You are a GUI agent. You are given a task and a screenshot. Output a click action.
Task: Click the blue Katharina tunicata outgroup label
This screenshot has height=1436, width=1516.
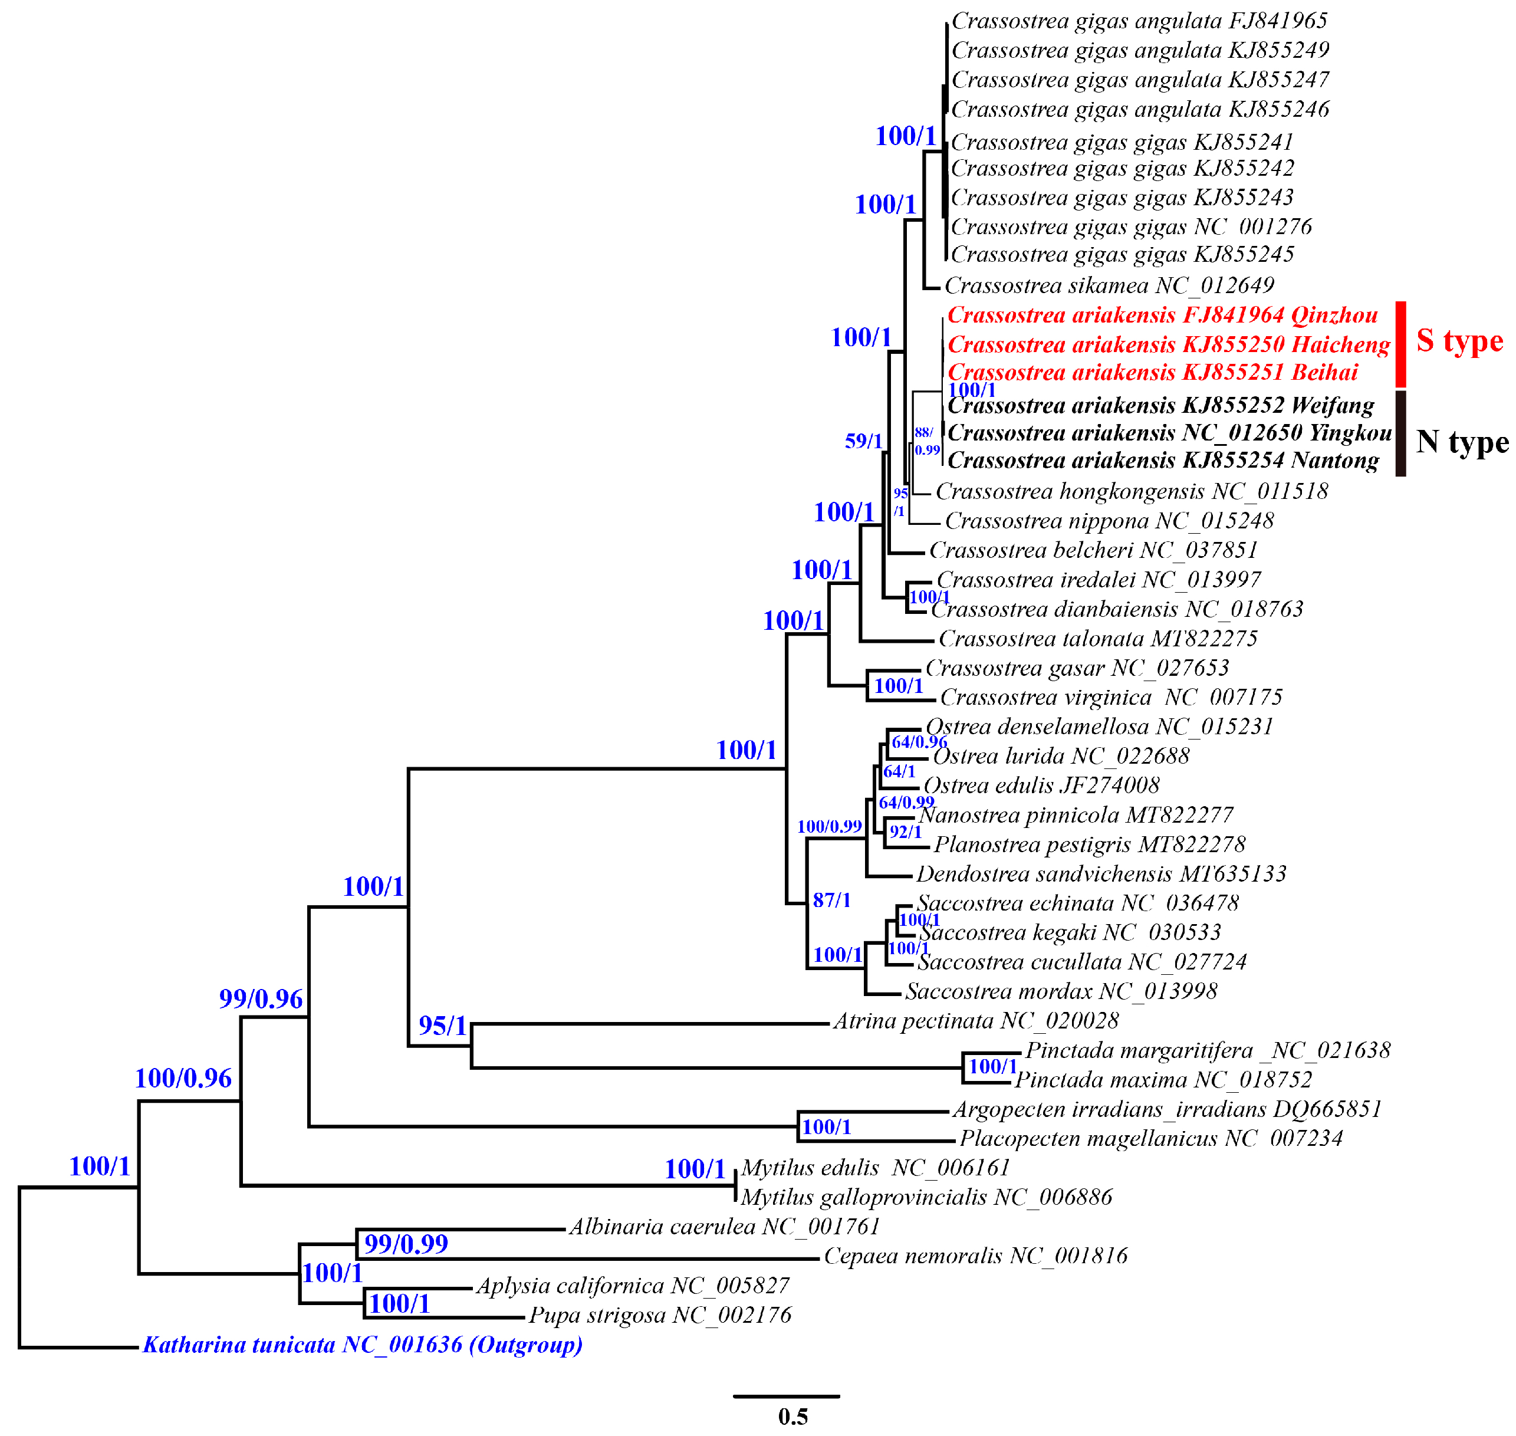pyautogui.click(x=362, y=1345)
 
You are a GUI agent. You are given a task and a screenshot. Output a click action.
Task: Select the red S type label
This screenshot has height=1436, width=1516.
pyautogui.click(x=1459, y=341)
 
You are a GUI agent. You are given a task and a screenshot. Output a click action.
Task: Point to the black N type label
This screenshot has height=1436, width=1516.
pyautogui.click(x=1462, y=442)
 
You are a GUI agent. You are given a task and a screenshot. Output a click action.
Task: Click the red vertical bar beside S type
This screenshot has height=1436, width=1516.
pyautogui.click(x=1400, y=344)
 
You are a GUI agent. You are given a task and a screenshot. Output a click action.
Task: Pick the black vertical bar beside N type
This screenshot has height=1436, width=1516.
pyautogui.click(x=1400, y=433)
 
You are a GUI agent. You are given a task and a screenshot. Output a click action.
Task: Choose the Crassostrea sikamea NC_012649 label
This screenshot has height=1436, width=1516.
pyautogui.click(x=1109, y=285)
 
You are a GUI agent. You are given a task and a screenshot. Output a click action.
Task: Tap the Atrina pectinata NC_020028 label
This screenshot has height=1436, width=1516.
pyautogui.click(x=976, y=1020)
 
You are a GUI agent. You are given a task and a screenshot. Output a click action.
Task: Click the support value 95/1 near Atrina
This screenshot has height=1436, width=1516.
pyautogui.click(x=442, y=1026)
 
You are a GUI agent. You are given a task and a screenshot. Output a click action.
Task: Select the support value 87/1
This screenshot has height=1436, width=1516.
pyautogui.click(x=831, y=900)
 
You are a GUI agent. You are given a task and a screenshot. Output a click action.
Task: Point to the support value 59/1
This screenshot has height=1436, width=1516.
pyautogui.click(x=863, y=441)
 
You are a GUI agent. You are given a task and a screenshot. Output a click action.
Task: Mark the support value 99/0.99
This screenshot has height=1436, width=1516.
pyautogui.click(x=406, y=1244)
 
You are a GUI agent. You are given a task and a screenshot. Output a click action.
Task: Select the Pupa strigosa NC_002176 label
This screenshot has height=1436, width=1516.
pyautogui.click(x=660, y=1315)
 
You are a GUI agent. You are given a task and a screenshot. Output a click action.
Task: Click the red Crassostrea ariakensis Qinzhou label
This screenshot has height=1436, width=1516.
pyautogui.click(x=1162, y=316)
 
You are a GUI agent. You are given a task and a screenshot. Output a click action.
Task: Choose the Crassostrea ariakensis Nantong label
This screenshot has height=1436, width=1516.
pyautogui.click(x=1163, y=461)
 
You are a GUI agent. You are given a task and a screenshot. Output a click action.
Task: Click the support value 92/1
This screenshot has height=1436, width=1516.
pyautogui.click(x=905, y=832)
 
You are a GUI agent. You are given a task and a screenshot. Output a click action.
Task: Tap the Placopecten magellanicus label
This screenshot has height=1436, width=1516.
pyautogui.click(x=1151, y=1138)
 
